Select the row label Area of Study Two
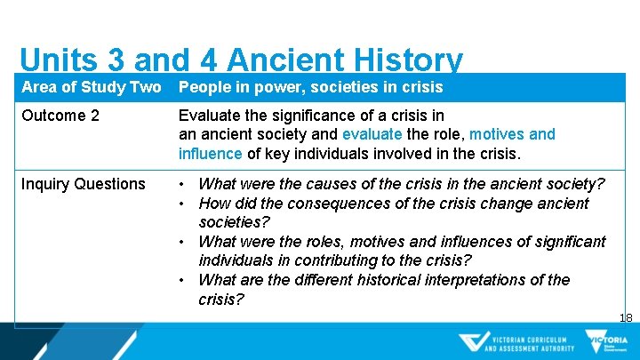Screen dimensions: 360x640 coord(91,87)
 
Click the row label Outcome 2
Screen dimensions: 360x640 coord(60,116)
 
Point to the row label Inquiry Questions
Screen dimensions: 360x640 coord(83,184)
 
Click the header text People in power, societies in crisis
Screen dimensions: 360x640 coord(310,87)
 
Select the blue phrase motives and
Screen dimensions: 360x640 coord(512,134)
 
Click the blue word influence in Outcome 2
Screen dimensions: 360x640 coord(210,153)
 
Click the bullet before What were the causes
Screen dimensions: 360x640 coord(182,185)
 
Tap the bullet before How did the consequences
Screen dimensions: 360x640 coord(182,204)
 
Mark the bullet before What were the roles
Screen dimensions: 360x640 coord(182,242)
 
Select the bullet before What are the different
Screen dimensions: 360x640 coord(182,280)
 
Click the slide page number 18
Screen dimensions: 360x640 coord(626,317)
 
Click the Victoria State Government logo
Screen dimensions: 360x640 coord(605,342)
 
